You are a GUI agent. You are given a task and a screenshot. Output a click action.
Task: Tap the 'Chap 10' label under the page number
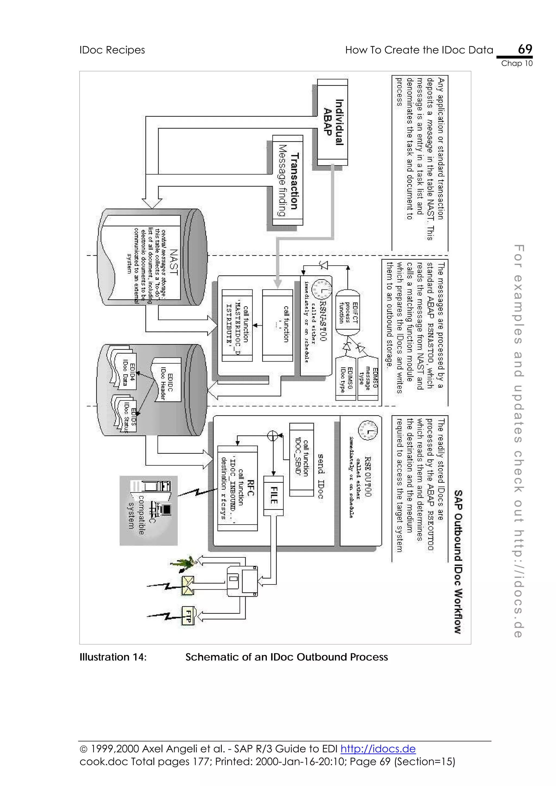pyautogui.click(x=517, y=63)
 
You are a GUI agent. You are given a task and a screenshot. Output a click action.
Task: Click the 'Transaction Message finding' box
pyautogui.click(x=288, y=180)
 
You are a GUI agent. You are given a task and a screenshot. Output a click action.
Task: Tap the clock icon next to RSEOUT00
pyautogui.click(x=368, y=429)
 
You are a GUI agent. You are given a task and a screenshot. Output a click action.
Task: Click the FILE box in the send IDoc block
pyautogui.click(x=273, y=495)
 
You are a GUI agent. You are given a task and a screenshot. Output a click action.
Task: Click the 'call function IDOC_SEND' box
pyautogui.click(x=301, y=459)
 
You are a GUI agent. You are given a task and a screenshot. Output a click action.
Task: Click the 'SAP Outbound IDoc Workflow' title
pyautogui.click(x=458, y=561)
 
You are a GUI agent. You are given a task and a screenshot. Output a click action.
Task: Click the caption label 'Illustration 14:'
pyautogui.click(x=113, y=657)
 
